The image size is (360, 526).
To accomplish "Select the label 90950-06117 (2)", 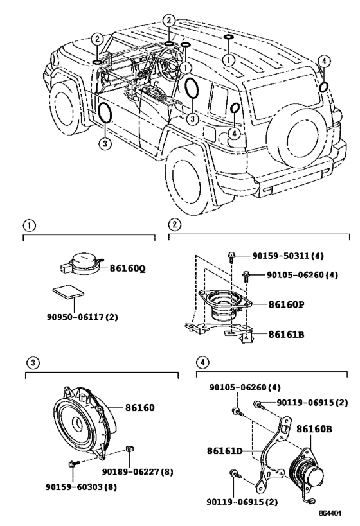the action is tap(82, 317).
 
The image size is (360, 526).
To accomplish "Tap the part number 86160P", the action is tap(287, 304).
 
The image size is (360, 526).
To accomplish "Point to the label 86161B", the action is tap(287, 334).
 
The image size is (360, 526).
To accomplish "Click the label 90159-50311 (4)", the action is tap(288, 256).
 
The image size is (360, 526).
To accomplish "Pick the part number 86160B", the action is tap(314, 429).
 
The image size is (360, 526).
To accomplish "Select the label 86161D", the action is tap(224, 451).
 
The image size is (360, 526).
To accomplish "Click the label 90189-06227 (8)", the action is tap(138, 471).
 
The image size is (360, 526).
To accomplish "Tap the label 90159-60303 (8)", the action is tap(81, 487).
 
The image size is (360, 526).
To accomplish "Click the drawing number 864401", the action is tap(330, 513).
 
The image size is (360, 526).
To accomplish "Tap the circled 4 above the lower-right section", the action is tap(203, 362).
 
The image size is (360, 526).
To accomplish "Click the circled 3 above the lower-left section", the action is tap(33, 362).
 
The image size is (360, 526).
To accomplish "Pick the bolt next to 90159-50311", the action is tap(231, 257).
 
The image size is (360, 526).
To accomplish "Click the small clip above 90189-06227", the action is tap(129, 449).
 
